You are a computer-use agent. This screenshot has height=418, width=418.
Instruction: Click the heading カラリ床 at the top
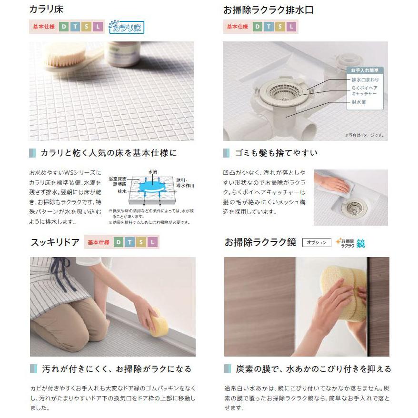46,10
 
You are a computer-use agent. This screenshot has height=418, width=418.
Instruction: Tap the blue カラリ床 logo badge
126,27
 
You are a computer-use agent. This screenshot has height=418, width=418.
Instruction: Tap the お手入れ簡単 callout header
364,70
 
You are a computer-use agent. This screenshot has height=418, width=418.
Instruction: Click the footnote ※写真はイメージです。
364,135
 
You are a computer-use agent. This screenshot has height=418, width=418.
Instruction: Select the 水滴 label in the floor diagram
153,171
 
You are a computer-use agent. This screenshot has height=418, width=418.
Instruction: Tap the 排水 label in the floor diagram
122,191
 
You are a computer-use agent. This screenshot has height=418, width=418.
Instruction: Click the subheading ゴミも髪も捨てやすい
276,153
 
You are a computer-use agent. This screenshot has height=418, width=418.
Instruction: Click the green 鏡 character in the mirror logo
360,243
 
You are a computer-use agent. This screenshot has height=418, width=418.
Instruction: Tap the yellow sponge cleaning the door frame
159,322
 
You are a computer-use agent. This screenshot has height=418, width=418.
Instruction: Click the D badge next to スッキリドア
118,242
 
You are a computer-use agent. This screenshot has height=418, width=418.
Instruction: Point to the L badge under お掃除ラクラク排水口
292,27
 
